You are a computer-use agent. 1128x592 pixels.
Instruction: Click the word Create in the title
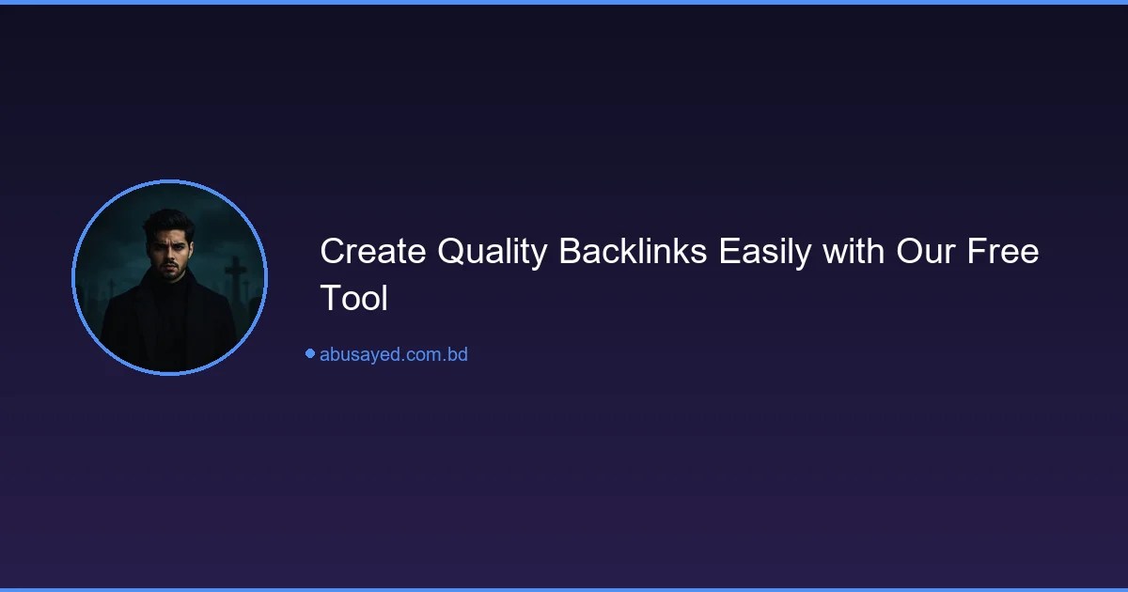click(372, 253)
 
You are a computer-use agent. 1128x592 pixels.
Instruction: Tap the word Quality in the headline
click(493, 253)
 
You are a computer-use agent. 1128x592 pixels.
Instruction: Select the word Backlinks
click(634, 253)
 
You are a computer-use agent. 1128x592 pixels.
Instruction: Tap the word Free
click(1005, 253)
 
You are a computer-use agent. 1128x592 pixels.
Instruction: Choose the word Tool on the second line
click(353, 299)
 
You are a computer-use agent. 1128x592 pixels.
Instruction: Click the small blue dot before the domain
click(309, 353)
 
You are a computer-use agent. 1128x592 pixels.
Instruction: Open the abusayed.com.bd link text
click(393, 355)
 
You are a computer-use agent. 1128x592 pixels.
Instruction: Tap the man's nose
click(169, 254)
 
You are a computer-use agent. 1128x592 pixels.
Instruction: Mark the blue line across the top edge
click(564, 2)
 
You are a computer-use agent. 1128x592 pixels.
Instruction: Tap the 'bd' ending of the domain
click(458, 355)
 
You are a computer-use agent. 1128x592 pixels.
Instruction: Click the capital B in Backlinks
click(570, 253)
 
